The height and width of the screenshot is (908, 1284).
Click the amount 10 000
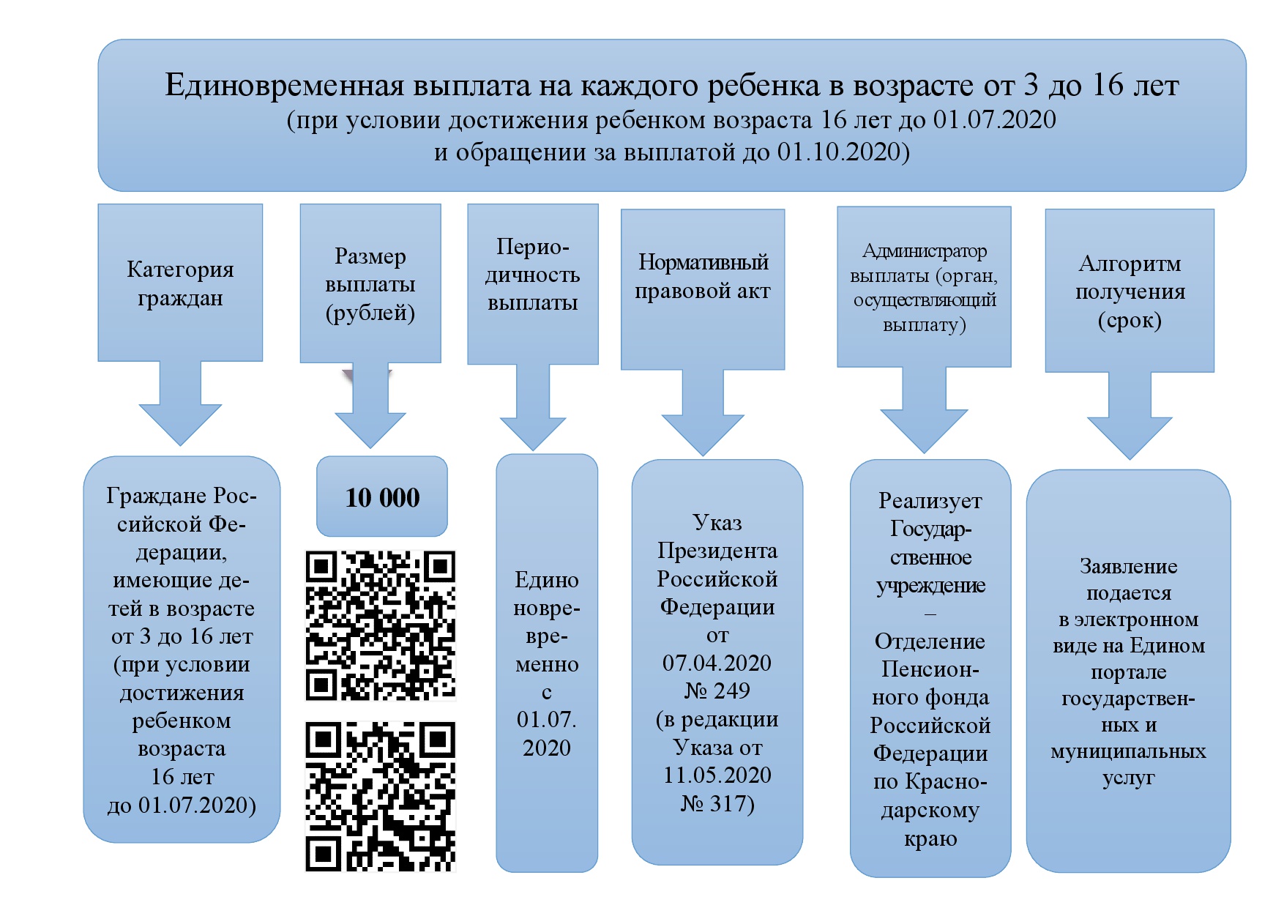coord(382,498)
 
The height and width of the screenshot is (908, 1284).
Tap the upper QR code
coord(380,625)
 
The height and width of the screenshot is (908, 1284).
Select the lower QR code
coord(380,796)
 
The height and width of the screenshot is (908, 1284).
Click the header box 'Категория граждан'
coord(180,283)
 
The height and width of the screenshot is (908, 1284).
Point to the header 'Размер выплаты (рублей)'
coord(370,284)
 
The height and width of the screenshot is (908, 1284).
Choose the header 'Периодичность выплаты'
coord(533,275)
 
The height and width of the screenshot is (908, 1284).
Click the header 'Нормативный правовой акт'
coord(703,277)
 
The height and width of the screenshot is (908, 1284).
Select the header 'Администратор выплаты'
coord(925,287)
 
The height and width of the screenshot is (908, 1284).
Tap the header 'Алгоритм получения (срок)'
coord(1130,291)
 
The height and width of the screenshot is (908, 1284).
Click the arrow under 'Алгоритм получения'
coord(1130,421)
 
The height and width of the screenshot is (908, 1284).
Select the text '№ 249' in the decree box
coord(717,691)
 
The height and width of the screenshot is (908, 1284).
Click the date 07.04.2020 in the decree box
coord(717,663)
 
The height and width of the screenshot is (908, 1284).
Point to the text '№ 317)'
coord(717,803)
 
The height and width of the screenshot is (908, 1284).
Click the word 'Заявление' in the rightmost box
coord(1128,566)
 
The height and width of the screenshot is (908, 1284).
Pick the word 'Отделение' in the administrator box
coord(930,641)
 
